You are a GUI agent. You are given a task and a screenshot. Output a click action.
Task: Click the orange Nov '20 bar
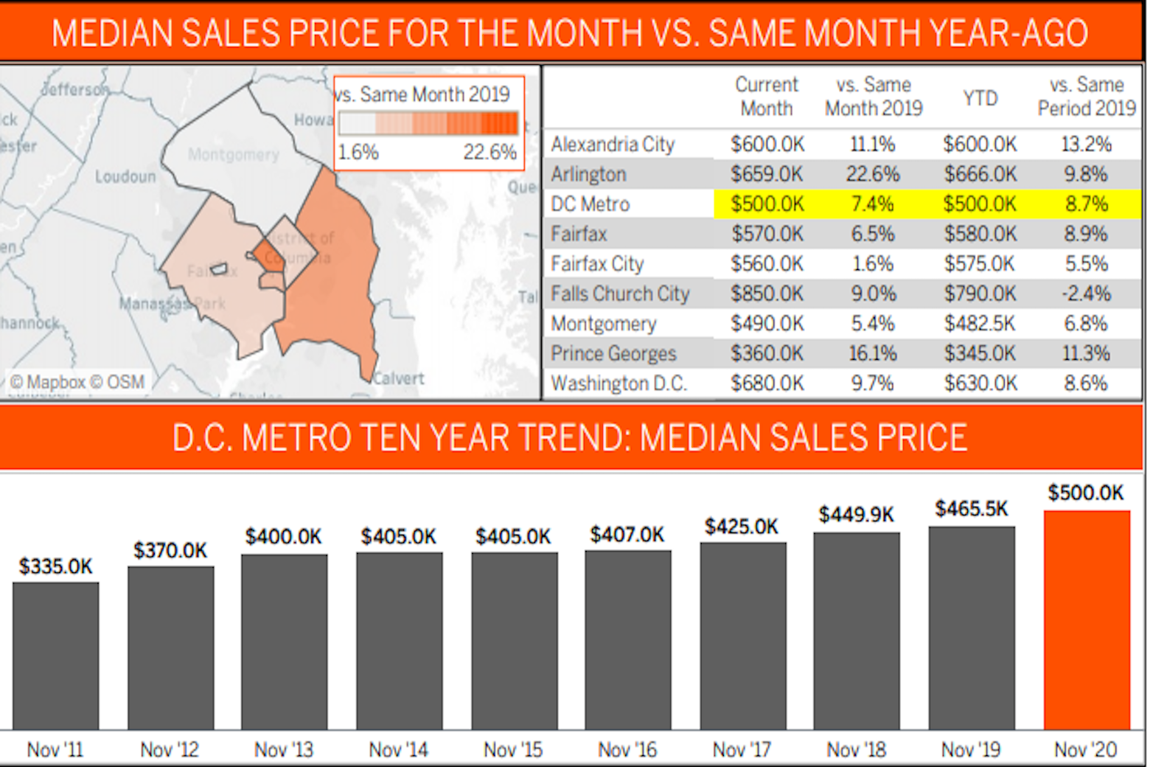[x=1087, y=619]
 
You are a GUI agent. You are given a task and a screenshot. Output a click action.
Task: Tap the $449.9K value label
[x=856, y=514]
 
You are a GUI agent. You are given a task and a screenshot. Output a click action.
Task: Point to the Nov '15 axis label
[x=513, y=749]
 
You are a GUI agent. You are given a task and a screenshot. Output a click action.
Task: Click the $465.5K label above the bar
[x=971, y=508]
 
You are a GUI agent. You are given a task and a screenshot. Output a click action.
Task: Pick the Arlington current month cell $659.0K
[x=767, y=174]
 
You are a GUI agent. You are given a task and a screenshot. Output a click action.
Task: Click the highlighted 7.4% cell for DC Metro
[x=873, y=204]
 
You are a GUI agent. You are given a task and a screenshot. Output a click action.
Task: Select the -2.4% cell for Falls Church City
[x=1086, y=294]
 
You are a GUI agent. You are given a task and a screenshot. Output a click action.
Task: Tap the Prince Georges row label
[x=613, y=353]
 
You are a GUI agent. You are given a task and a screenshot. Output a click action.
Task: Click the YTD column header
[x=980, y=97]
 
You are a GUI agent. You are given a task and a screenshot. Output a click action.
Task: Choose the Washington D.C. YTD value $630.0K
[x=980, y=383]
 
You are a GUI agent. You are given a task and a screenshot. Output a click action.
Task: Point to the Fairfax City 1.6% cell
[x=873, y=263]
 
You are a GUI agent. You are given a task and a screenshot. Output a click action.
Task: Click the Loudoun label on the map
[x=125, y=177]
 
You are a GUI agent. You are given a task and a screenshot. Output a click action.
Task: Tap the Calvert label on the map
[x=399, y=378]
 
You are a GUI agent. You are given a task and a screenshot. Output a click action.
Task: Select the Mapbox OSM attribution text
[x=77, y=382]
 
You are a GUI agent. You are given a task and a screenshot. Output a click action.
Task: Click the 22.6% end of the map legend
[x=489, y=152]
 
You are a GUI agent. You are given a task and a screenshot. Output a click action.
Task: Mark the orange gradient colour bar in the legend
[x=428, y=122]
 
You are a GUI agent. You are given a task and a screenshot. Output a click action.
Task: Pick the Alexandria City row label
[x=613, y=144]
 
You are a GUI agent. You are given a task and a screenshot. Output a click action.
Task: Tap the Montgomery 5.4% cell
[x=873, y=323]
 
